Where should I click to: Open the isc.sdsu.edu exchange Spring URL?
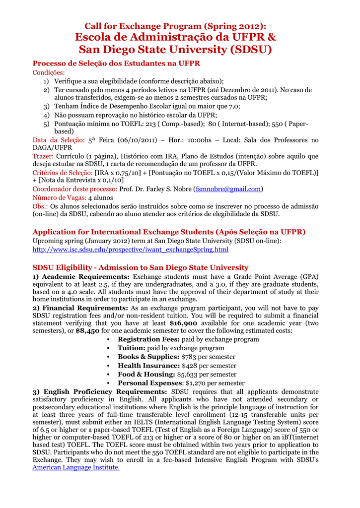pos(131,249)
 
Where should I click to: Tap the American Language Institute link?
pos(76,467)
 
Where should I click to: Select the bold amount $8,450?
pos(88,331)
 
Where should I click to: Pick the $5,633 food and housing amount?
pos(190,375)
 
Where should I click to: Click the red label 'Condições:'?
pos(49,72)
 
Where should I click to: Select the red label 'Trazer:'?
pos(44,156)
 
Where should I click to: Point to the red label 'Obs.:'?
pos(40,206)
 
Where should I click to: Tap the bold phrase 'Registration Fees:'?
pos(148,339)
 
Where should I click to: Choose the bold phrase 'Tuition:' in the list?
pos(131,348)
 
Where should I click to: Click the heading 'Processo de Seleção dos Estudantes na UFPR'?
pos(116,63)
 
